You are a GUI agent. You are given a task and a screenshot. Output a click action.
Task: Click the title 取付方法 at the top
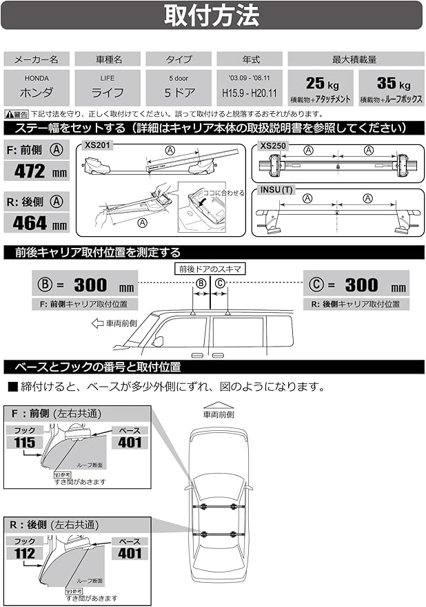pyautogui.click(x=212, y=15)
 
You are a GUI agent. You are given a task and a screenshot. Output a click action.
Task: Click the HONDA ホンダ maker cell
pyautogui.click(x=35, y=88)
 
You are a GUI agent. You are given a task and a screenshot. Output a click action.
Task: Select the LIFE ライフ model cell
pyautogui.click(x=107, y=88)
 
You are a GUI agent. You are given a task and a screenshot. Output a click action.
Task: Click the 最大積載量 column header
pyautogui.click(x=354, y=59)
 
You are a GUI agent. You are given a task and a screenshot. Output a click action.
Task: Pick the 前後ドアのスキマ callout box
pyautogui.click(x=210, y=268)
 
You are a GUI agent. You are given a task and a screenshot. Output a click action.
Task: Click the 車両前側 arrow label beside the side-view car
pyautogui.click(x=115, y=322)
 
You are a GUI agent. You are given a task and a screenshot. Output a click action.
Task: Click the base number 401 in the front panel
pyautogui.click(x=129, y=442)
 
